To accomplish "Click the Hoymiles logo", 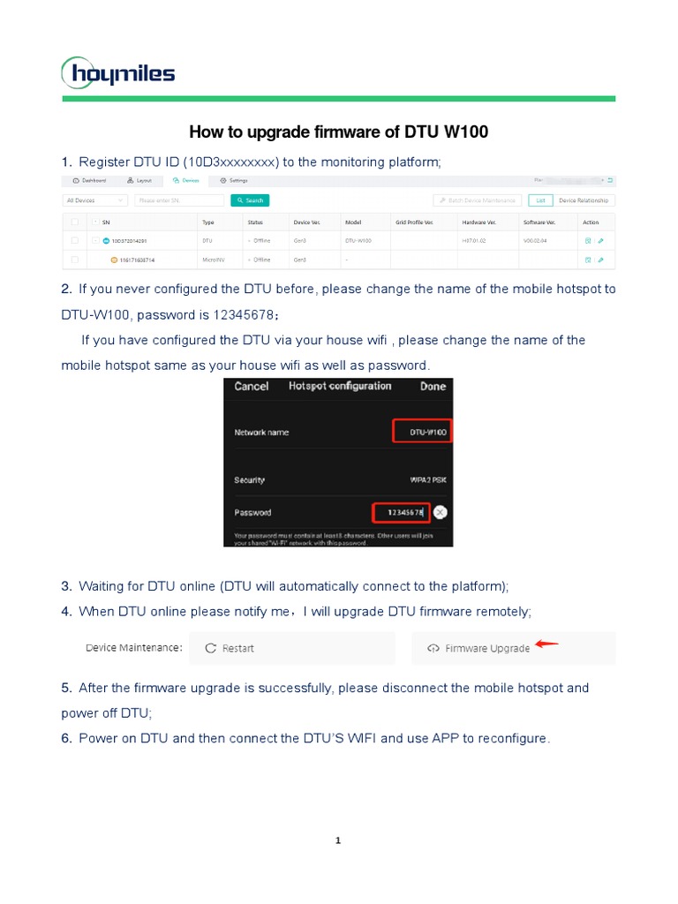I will point(118,72).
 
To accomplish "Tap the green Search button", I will point(250,200).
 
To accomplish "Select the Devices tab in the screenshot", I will point(187,180).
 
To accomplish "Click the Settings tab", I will point(234,180).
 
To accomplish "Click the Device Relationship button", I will point(584,200).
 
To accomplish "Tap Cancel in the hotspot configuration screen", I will point(252,387).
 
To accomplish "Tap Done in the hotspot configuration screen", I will point(433,387).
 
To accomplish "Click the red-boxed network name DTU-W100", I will point(423,433).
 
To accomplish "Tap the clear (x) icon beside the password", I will point(441,512).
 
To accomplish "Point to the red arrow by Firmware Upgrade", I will point(547,644).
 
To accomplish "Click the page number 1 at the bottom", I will point(339,840).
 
